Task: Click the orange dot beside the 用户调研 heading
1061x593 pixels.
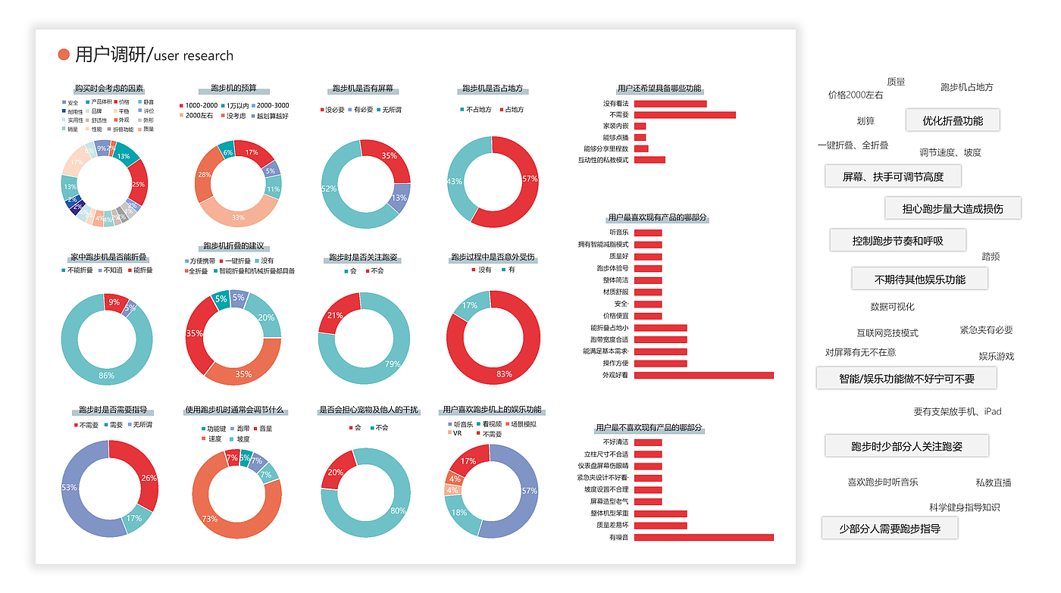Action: (x=64, y=55)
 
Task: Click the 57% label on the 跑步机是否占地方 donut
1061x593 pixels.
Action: (x=530, y=179)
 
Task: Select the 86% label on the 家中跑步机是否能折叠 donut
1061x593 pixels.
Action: (x=106, y=375)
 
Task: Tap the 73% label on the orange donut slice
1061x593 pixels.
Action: (x=210, y=519)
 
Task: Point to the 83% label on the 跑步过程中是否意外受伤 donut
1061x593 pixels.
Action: (x=504, y=374)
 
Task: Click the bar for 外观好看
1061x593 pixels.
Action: (x=703, y=375)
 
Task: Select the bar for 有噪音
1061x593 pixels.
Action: (x=703, y=537)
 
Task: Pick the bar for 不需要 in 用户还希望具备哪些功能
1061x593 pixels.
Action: (x=684, y=115)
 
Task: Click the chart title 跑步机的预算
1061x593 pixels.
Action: (x=233, y=89)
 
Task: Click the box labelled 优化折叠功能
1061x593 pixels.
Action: (x=952, y=120)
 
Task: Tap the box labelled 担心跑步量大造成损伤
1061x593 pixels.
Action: (x=952, y=208)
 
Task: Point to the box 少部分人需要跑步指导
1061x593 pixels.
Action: (x=889, y=529)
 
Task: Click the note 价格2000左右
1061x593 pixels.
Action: (x=856, y=95)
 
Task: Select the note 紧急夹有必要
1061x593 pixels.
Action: (x=986, y=330)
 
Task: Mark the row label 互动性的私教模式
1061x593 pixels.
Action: (x=604, y=160)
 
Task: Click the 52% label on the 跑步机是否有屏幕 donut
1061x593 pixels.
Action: (x=329, y=189)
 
